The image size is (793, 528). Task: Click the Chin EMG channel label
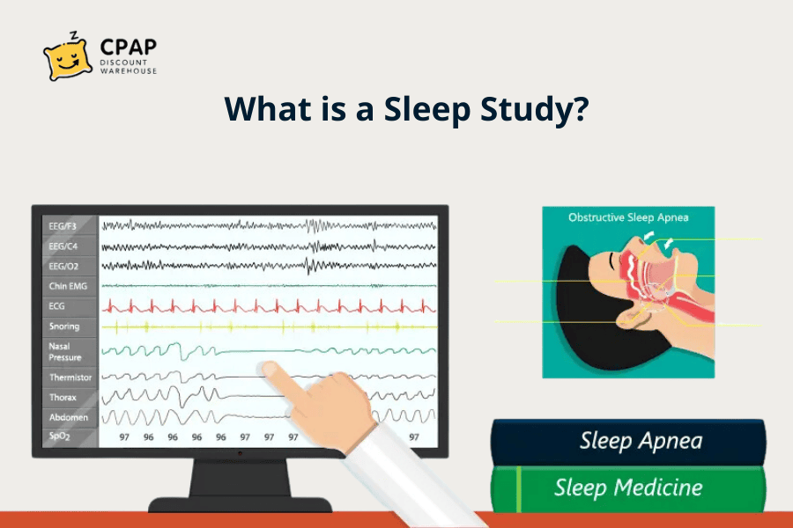[67, 286]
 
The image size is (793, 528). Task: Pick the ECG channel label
[56, 306]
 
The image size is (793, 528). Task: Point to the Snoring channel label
[63, 326]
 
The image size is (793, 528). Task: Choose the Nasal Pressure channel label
[65, 352]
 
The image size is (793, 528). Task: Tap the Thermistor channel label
[69, 378]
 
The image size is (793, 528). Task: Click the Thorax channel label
[61, 398]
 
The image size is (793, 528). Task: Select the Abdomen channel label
[68, 417]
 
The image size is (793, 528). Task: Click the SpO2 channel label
[59, 436]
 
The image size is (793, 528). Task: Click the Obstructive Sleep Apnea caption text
[628, 217]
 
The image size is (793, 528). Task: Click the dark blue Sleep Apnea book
[627, 441]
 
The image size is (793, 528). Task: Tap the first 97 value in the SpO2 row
[125, 436]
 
